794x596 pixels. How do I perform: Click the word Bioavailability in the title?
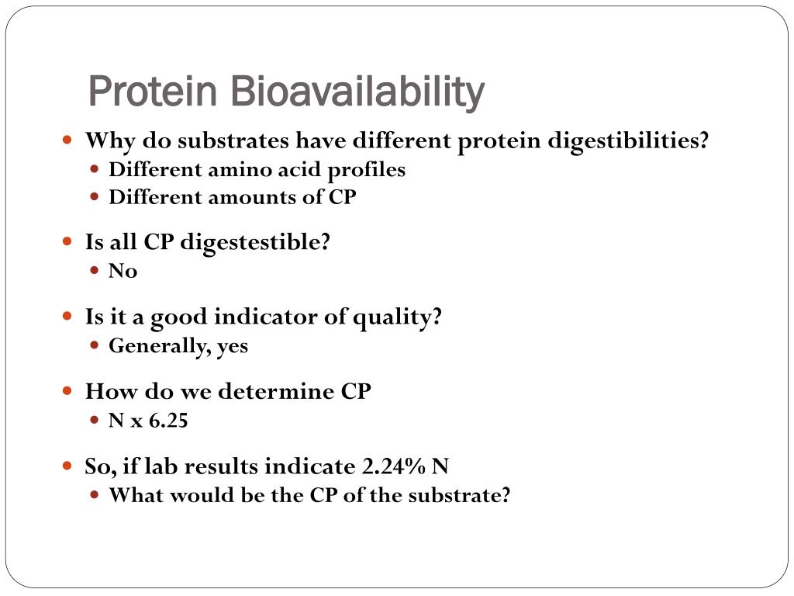pyautogui.click(x=357, y=92)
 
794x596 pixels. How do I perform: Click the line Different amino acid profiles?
pyautogui.click(x=257, y=169)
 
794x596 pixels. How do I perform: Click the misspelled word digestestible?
pyautogui.click(x=255, y=242)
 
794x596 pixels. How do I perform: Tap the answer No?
pyautogui.click(x=123, y=271)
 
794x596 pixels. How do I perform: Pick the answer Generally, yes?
pyautogui.click(x=178, y=345)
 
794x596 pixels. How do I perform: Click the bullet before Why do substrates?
pyautogui.click(x=67, y=141)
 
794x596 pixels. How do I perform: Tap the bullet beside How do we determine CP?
pyautogui.click(x=67, y=391)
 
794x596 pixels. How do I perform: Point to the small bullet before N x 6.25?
pyautogui.click(x=94, y=420)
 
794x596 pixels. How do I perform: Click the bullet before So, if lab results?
pyautogui.click(x=67, y=466)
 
